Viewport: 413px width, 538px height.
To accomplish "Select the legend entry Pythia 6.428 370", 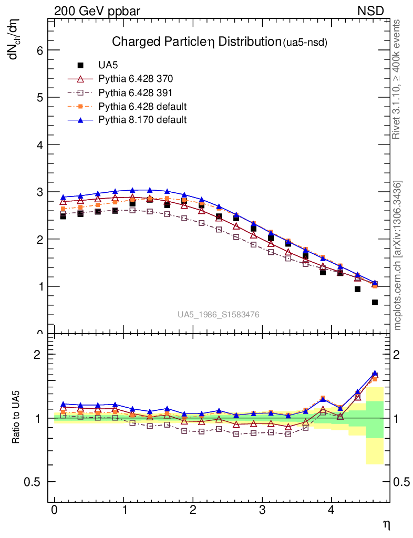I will tap(136, 79).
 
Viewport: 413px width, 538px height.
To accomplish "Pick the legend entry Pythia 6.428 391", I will tap(136, 93).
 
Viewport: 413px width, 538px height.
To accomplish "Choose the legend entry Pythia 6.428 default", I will tap(142, 107).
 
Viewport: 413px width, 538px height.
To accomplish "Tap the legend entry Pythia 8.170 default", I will tap(142, 120).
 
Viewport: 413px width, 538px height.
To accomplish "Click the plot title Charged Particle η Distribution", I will tap(194, 42).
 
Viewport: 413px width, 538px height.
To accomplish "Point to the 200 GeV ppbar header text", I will tap(97, 11).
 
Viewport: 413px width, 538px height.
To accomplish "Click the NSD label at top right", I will tap(371, 11).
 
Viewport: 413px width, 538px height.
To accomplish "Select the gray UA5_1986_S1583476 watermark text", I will tap(218, 315).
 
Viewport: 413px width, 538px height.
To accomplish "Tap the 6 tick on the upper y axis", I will tap(39, 50).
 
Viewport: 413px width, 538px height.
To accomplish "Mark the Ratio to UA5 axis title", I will tap(17, 418).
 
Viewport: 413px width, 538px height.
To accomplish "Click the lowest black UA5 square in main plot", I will tap(375, 303).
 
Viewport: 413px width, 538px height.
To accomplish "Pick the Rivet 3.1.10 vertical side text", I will tap(397, 79).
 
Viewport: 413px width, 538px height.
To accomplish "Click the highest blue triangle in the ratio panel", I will tap(375, 373).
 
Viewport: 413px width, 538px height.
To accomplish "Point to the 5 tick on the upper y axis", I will tap(39, 98).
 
